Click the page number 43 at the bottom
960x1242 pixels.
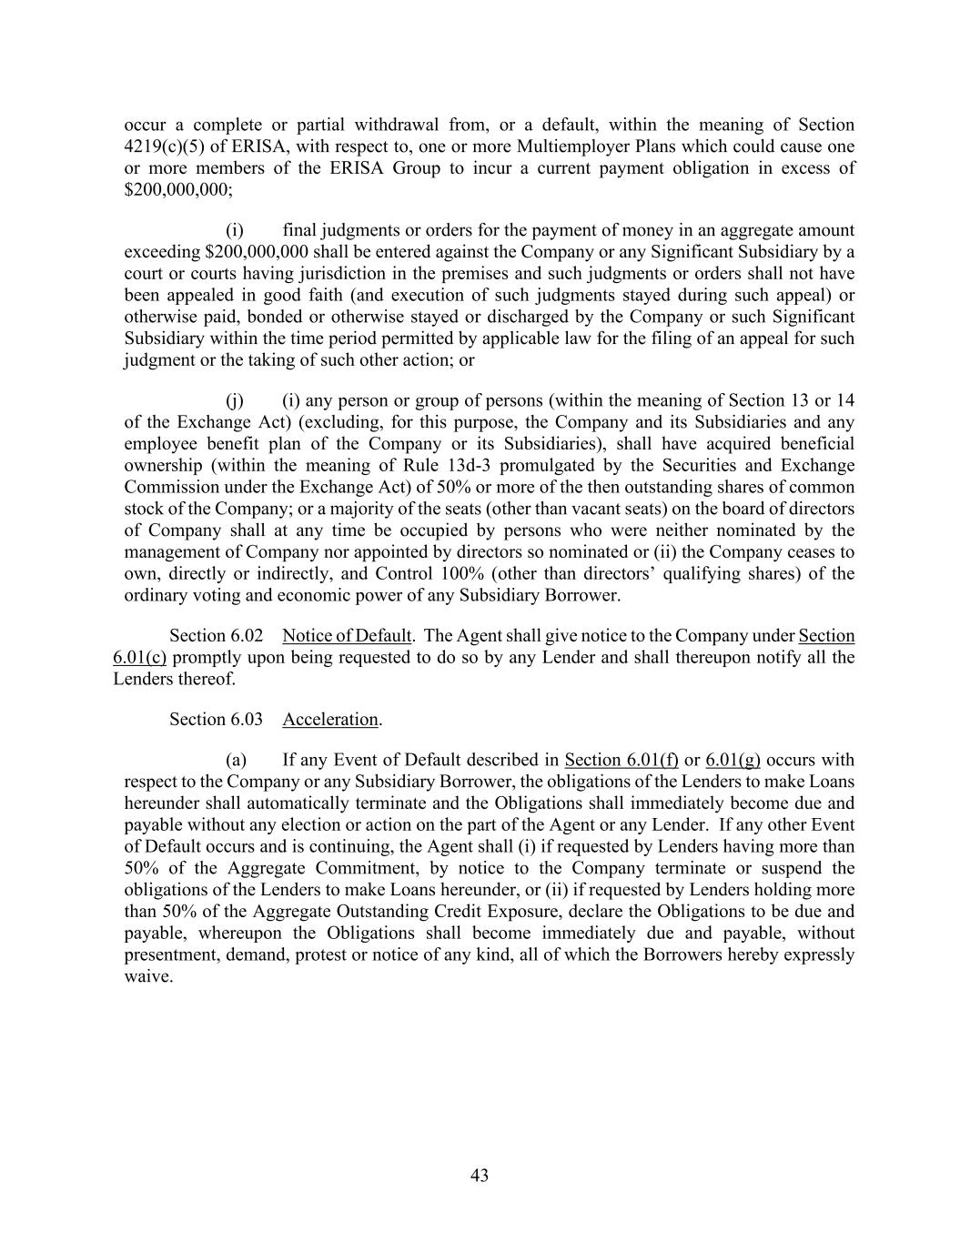click(x=480, y=1176)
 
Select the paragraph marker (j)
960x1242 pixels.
click(x=236, y=400)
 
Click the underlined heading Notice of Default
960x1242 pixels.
click(x=347, y=636)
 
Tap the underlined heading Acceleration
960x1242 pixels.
click(x=329, y=720)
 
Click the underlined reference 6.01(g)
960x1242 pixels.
click(x=733, y=760)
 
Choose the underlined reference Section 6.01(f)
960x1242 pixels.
click(x=621, y=760)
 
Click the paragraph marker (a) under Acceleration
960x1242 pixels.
click(x=236, y=760)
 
